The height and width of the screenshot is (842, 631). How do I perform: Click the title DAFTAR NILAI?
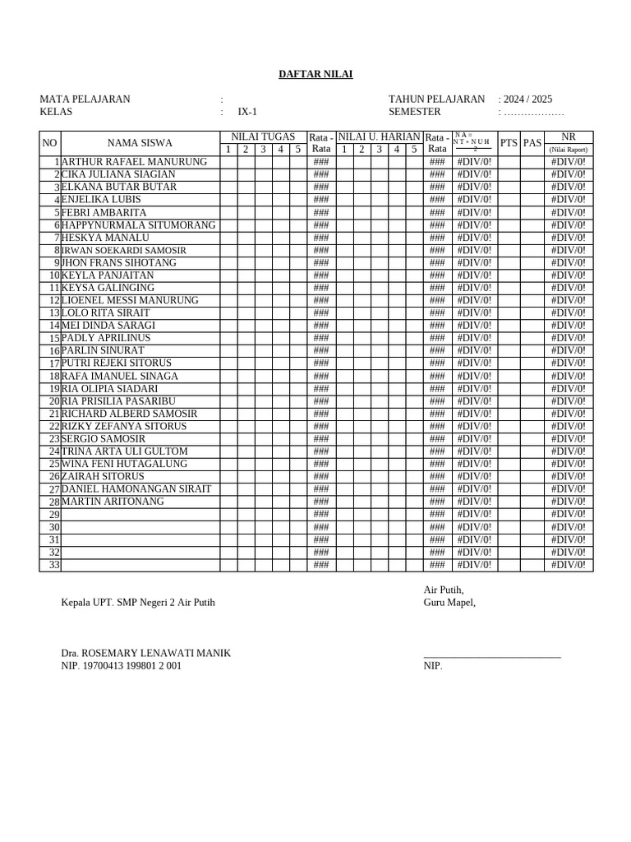tap(315, 74)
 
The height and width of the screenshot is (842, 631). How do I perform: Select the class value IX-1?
tap(247, 112)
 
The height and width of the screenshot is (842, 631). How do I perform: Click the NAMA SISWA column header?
tap(140, 143)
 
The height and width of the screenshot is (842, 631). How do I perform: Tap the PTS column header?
tap(509, 143)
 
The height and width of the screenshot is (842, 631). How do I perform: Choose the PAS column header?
tap(532, 143)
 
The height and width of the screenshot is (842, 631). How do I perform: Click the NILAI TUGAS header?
tap(263, 136)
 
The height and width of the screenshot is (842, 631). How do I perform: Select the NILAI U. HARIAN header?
tap(379, 136)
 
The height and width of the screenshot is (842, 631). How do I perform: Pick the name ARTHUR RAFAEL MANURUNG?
tap(135, 162)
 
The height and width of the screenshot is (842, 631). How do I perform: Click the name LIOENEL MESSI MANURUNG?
tap(130, 300)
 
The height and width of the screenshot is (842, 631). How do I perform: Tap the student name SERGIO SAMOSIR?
tap(102, 439)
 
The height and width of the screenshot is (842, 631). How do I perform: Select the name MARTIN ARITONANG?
tap(113, 502)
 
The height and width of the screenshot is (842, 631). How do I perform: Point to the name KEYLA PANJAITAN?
tap(108, 275)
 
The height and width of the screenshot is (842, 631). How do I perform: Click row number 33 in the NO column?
tap(55, 565)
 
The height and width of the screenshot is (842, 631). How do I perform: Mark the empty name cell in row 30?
tap(140, 527)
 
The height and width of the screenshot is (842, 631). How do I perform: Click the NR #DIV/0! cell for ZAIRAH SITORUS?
tap(569, 477)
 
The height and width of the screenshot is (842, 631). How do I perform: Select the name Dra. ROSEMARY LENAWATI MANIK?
tap(145, 653)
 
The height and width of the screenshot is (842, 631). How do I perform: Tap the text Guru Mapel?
tap(449, 602)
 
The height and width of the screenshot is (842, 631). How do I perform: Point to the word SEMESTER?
tap(414, 112)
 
